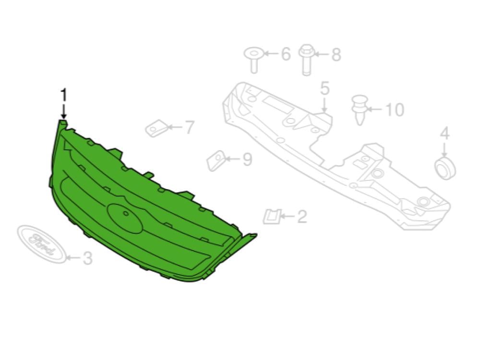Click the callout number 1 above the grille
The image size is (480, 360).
click(x=64, y=95)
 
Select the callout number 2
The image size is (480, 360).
click(x=302, y=216)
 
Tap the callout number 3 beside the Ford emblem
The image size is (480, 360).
click(x=87, y=258)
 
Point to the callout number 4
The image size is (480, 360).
click(x=444, y=133)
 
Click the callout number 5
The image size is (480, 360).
click(x=324, y=88)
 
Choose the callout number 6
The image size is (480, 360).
click(x=285, y=54)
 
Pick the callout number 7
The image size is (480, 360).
click(x=190, y=127)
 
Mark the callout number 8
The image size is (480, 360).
click(x=336, y=55)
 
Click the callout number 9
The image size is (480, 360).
click(x=247, y=159)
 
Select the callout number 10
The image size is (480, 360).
click(x=395, y=109)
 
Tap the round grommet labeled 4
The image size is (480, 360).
click(x=445, y=168)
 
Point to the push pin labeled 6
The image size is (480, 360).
click(x=253, y=60)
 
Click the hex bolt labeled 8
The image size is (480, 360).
click(x=306, y=60)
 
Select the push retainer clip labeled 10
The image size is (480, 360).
click(x=360, y=110)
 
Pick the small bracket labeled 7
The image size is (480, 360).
click(x=156, y=129)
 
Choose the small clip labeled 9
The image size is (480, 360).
click(x=217, y=160)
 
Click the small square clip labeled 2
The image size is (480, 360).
click(x=272, y=216)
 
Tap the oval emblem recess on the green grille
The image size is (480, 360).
click(x=125, y=217)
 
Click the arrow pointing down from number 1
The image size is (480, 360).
click(x=64, y=111)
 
